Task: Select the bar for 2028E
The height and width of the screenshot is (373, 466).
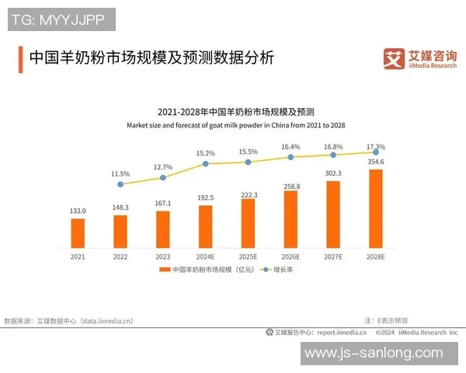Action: [376, 207]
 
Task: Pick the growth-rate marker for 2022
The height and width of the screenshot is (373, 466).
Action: [120, 184]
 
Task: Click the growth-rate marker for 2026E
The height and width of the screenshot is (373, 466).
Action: [290, 157]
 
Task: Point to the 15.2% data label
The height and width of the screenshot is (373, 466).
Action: [205, 153]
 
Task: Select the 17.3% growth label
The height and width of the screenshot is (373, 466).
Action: [376, 146]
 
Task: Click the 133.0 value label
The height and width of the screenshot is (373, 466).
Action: [78, 211]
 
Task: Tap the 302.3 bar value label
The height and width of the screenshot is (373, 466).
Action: [333, 173]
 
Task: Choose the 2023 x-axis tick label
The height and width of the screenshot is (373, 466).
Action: [162, 256]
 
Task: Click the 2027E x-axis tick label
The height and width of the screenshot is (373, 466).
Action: [333, 256]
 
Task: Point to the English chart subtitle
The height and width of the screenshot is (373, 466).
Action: [235, 125]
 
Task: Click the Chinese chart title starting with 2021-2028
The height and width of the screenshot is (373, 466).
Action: [235, 112]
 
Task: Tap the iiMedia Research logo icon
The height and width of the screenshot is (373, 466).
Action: [395, 58]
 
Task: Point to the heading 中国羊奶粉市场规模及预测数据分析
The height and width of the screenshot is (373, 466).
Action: [151, 59]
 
